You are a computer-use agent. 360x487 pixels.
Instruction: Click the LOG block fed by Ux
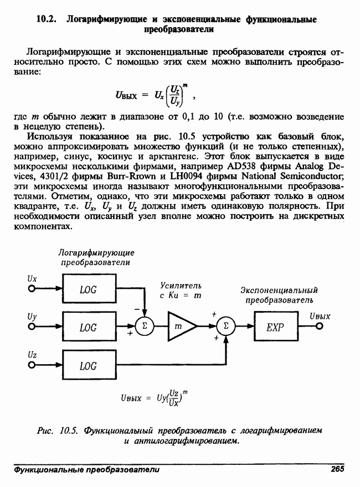pos(88,289)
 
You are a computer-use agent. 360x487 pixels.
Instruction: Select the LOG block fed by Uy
pos(88,327)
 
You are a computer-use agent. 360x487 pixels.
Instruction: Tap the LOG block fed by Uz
pos(88,365)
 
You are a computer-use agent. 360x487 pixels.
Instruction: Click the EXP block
pos(275,327)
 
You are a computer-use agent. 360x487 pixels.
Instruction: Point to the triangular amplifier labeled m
pos(181,327)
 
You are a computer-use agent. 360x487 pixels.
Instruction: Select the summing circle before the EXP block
pos(226,327)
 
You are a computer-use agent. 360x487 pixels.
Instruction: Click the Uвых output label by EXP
pos(320,316)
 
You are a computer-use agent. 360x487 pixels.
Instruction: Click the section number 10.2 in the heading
pos(47,19)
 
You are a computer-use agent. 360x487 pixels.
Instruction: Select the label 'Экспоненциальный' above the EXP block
pos(279,290)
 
